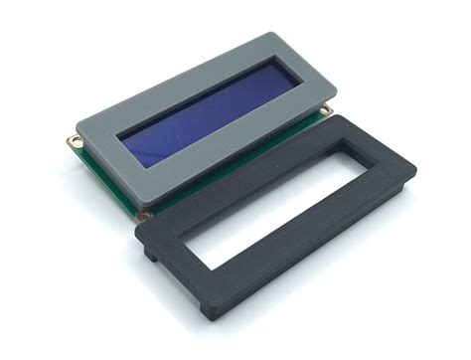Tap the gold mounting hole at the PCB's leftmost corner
coord(73,142)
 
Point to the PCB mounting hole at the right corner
coord(328,108)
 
